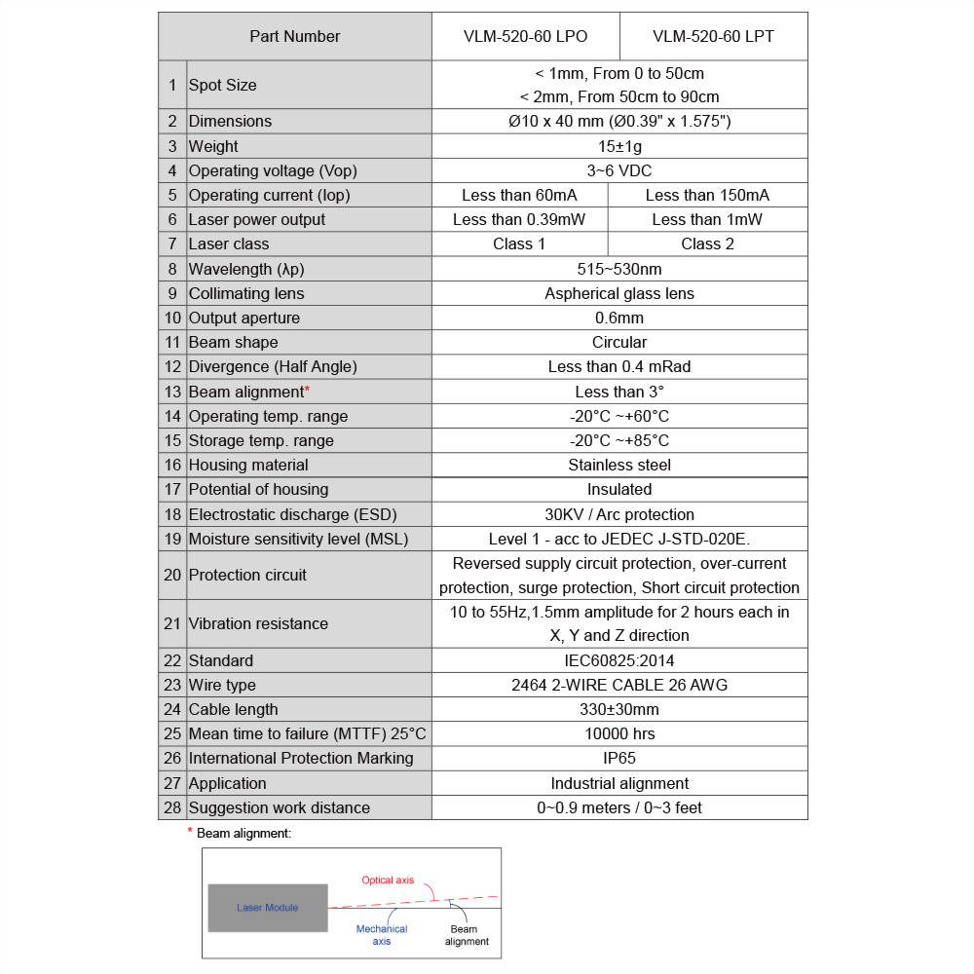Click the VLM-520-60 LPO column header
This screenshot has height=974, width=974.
click(x=525, y=37)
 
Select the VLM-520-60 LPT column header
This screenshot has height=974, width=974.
click(x=713, y=37)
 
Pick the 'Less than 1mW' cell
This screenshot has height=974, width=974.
click(x=707, y=219)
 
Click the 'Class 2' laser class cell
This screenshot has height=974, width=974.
click(x=707, y=243)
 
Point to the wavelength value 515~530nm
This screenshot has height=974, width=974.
click(x=619, y=269)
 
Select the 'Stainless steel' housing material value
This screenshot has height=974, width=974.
click(x=619, y=465)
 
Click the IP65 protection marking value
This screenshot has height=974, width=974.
click(x=619, y=758)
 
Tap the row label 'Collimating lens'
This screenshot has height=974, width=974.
click(x=246, y=293)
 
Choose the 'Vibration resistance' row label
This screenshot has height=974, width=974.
click(x=258, y=623)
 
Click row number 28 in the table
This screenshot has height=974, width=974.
click(x=172, y=807)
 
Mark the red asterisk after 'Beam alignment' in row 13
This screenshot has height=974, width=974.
click(x=307, y=390)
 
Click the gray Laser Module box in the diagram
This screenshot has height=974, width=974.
click(x=268, y=908)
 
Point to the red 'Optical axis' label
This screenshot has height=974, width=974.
click(x=388, y=880)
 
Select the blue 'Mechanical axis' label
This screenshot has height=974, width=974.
click(x=382, y=935)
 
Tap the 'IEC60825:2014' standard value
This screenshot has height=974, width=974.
click(x=619, y=660)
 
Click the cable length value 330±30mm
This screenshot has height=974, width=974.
click(x=619, y=709)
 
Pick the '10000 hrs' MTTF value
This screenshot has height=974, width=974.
click(x=619, y=733)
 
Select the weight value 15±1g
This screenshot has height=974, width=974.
click(x=619, y=146)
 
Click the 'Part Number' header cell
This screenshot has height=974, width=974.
click(x=295, y=37)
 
